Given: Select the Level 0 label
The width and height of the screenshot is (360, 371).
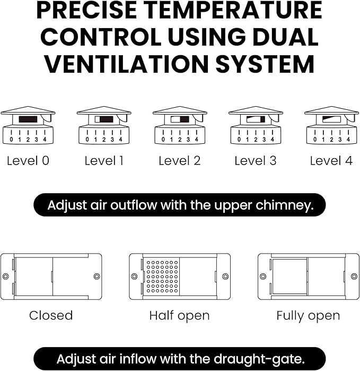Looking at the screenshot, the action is click(x=28, y=161).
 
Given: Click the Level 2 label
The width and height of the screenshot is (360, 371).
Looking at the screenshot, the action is click(x=180, y=161).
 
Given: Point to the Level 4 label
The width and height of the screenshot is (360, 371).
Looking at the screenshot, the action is click(x=331, y=161).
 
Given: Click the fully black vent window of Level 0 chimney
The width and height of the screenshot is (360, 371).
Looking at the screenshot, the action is click(x=28, y=119).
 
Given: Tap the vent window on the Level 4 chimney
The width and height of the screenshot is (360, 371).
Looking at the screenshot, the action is click(x=331, y=119).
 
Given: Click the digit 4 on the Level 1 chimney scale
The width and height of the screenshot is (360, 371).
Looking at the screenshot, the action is click(x=120, y=140).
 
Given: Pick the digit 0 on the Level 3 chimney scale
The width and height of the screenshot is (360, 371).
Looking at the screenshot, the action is click(x=239, y=140).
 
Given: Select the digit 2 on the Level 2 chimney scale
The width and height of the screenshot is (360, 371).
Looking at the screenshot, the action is click(x=180, y=140).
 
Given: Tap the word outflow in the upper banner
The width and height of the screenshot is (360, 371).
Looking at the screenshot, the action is click(x=134, y=205).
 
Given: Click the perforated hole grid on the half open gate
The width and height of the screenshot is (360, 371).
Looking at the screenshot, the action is click(x=162, y=277).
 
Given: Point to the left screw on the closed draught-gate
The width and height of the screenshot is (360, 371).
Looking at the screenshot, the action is click(x=5, y=277).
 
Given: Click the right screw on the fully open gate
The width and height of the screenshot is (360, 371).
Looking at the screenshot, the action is click(x=354, y=277).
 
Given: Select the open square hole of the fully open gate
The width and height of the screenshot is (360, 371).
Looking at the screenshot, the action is click(x=290, y=277).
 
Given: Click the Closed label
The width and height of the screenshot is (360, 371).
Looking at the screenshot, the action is click(x=51, y=315).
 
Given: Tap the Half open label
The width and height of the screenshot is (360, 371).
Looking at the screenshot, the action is click(x=179, y=316).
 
